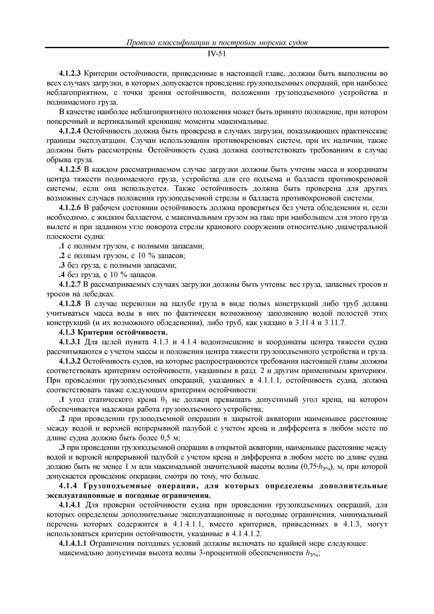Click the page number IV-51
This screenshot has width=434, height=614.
(217, 54)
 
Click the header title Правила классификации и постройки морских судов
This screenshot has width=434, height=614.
(217, 43)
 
